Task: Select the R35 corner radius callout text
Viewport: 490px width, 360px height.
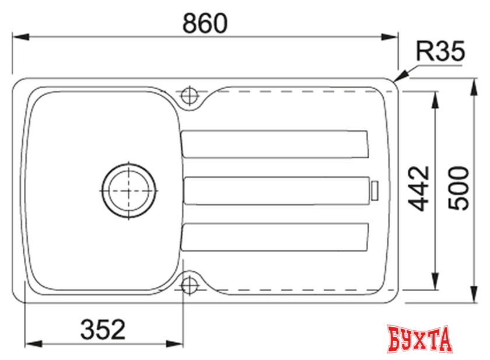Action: click(x=440, y=54)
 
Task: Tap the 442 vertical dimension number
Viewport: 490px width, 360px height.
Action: click(x=419, y=188)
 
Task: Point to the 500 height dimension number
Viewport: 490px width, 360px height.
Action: click(x=459, y=188)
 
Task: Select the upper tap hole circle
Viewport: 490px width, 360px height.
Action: click(x=190, y=95)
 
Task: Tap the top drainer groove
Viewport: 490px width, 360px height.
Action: click(x=274, y=144)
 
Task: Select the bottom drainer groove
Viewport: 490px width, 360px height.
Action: click(x=274, y=237)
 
